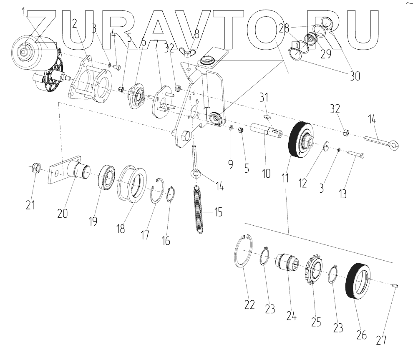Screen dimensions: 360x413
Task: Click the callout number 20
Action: pos(63,213)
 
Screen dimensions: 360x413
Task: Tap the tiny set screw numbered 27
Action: pos(395,286)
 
